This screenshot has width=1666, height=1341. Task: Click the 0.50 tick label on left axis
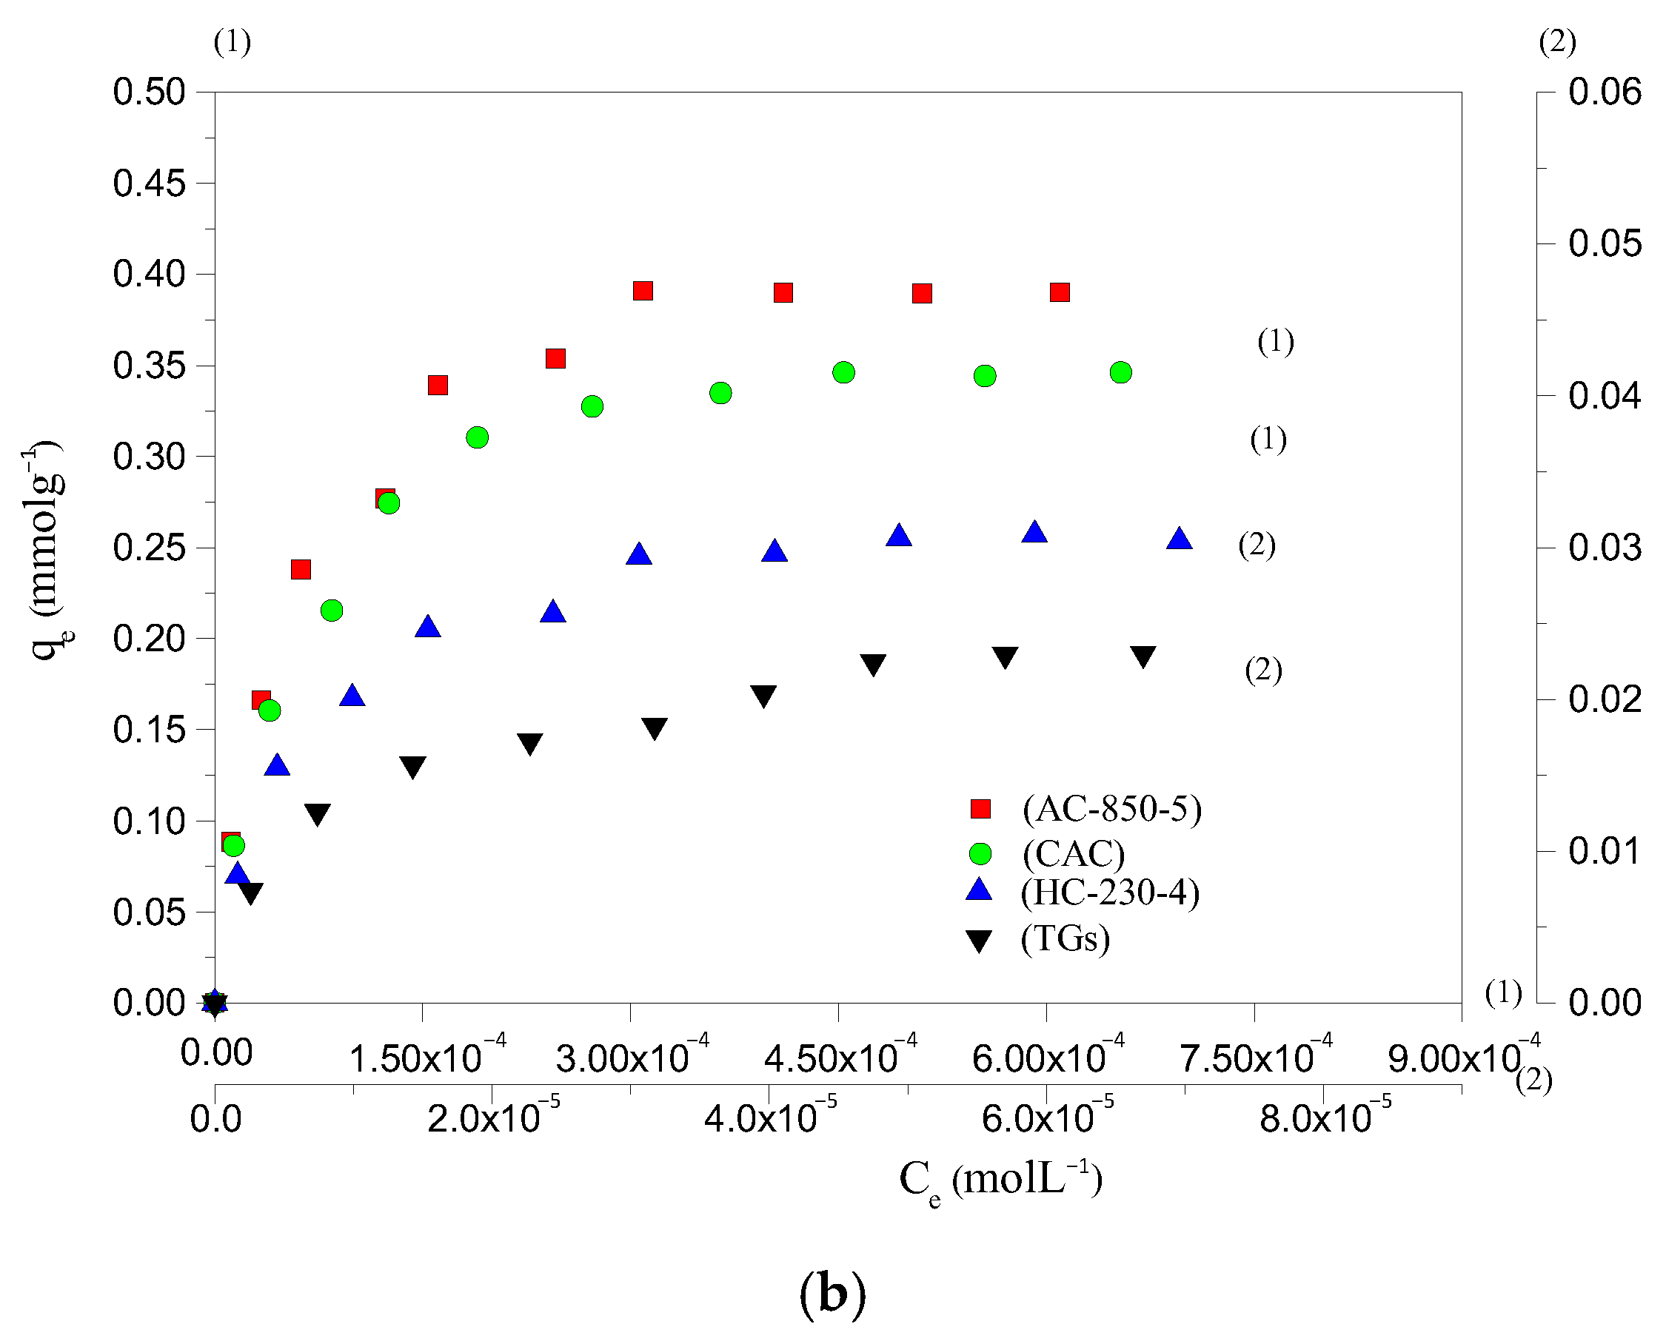(x=149, y=92)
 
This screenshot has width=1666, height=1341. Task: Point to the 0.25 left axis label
(x=149, y=548)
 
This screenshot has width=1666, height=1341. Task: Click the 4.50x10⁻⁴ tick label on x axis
(x=839, y=1057)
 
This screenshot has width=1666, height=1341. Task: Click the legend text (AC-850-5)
(x=1111, y=809)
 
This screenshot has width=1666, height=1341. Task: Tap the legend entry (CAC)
(x=1074, y=853)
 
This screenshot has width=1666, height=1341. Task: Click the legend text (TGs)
(x=1065, y=938)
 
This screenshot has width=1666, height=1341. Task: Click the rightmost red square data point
(x=1060, y=292)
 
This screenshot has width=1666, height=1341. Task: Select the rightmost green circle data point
(x=1120, y=372)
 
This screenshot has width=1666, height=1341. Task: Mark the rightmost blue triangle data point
(x=1178, y=540)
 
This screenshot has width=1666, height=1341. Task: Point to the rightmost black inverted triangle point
(x=1143, y=656)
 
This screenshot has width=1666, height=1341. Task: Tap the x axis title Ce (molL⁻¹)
(x=1000, y=1180)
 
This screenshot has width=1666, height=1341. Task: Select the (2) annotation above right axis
(x=1556, y=41)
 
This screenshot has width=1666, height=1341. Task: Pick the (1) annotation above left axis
(x=232, y=41)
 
